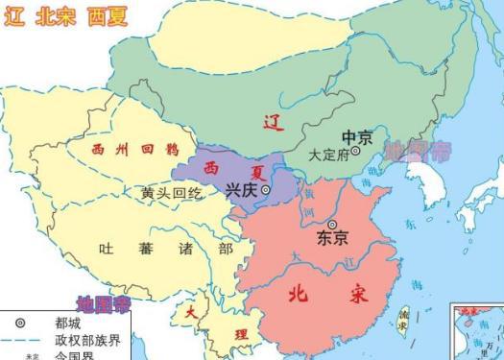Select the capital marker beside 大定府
pos(356,152)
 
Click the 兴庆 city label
pos(242,190)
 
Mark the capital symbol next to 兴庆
pos(266,190)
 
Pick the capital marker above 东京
pos(333,224)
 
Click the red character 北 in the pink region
pos(301,294)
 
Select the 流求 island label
pos(404,320)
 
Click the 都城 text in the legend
pos(66,324)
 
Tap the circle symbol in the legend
pos(19,324)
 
